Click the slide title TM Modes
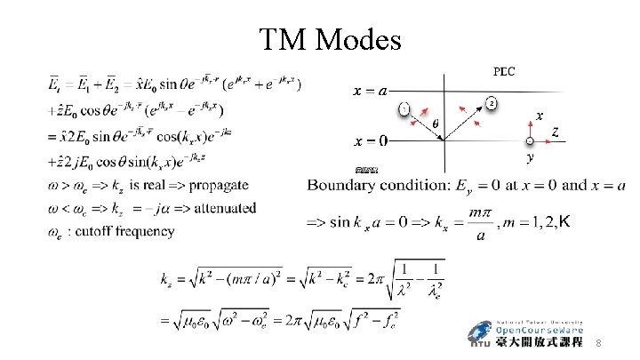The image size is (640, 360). [330, 39]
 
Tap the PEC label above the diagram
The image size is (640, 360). [503, 72]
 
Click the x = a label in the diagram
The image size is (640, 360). [370, 90]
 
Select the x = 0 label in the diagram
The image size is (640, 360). [370, 140]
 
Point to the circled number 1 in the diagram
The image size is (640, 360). [404, 108]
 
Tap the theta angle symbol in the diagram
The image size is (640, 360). [436, 124]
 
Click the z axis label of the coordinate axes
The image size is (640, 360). [556, 132]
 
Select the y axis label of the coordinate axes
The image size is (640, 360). [531, 157]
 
